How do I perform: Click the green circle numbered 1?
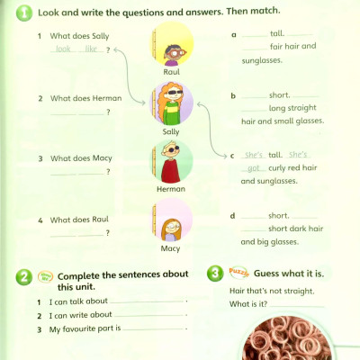pos(23,13)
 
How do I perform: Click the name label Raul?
pos(172,70)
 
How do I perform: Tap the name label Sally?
pos(171,130)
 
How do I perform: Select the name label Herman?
pos(171,189)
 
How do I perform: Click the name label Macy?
pos(171,248)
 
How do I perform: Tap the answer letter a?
pos(234,34)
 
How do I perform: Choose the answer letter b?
pos(234,95)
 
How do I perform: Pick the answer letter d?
pos(234,216)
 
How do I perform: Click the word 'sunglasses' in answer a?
pos(262,60)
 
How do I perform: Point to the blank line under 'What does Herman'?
pos(77,111)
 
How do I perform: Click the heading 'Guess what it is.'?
pos(293,273)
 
